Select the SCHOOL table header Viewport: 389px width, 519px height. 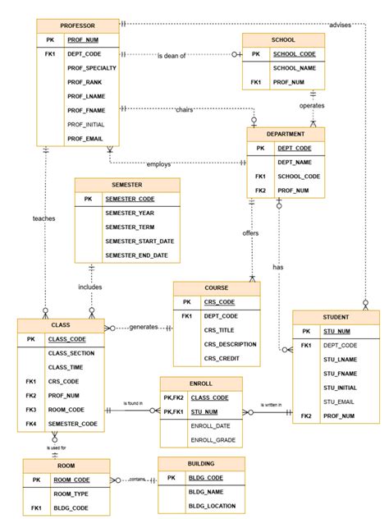coord(282,39)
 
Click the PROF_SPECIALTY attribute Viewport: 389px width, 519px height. coord(96,68)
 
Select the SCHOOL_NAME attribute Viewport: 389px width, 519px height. coord(294,68)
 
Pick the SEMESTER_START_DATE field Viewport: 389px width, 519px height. coord(140,241)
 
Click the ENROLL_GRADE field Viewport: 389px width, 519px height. coord(213,441)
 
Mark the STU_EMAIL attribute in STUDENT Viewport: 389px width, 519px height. coord(340,402)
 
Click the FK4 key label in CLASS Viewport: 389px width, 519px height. coord(31,424)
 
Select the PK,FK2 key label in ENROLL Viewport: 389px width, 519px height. coord(172,397)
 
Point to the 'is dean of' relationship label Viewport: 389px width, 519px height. coord(172,55)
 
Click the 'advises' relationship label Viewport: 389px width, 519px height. coord(339,25)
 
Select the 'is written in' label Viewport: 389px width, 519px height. coord(272,405)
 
